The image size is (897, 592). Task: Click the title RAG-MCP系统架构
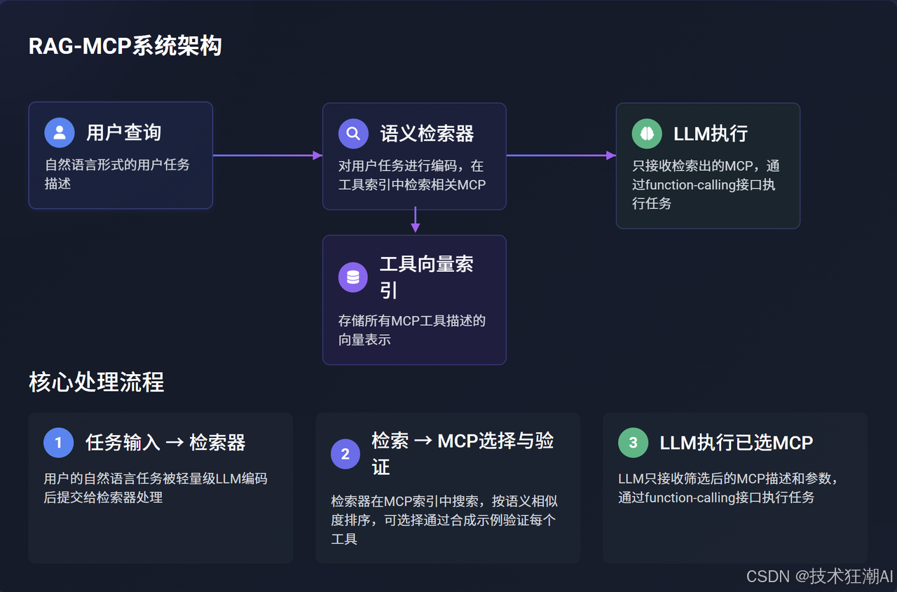pyautogui.click(x=125, y=46)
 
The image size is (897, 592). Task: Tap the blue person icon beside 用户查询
pyautogui.click(x=60, y=132)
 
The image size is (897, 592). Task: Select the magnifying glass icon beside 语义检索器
pyautogui.click(x=353, y=133)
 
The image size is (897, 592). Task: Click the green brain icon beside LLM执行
pyautogui.click(x=647, y=133)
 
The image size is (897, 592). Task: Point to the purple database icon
pyautogui.click(x=353, y=277)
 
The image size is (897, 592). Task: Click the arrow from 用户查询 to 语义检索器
pyautogui.click(x=267, y=155)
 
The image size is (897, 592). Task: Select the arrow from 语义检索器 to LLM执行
pyautogui.click(x=561, y=155)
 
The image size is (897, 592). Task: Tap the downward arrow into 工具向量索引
pyautogui.click(x=415, y=220)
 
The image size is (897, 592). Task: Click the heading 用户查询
pyautogui.click(x=124, y=132)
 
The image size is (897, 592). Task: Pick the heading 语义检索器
pyautogui.click(x=427, y=133)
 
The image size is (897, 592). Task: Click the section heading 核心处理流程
pyautogui.click(x=96, y=383)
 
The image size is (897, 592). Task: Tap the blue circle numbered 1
pyautogui.click(x=58, y=443)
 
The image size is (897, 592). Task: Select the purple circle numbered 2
pyautogui.click(x=345, y=454)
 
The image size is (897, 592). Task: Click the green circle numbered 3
pyautogui.click(x=633, y=443)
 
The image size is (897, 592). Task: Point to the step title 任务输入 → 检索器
pyautogui.click(x=165, y=443)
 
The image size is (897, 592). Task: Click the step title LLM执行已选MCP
pyautogui.click(x=736, y=443)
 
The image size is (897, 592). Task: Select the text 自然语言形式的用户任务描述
pyautogui.click(x=117, y=174)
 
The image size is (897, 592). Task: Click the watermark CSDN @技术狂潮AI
pyautogui.click(x=819, y=576)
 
